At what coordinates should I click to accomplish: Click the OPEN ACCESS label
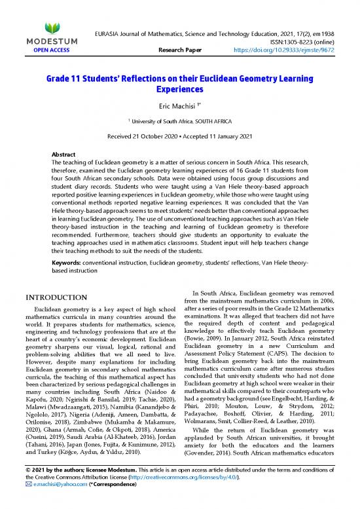coord(51,49)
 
